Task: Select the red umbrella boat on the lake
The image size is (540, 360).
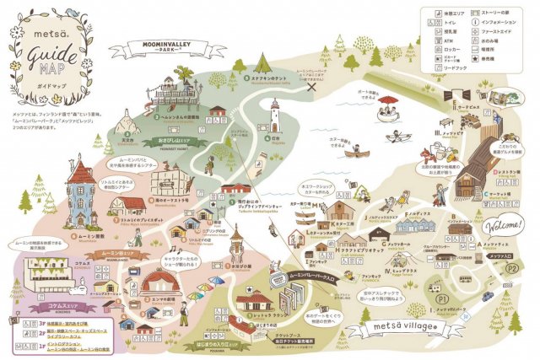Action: pyautogui.click(x=388, y=105)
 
